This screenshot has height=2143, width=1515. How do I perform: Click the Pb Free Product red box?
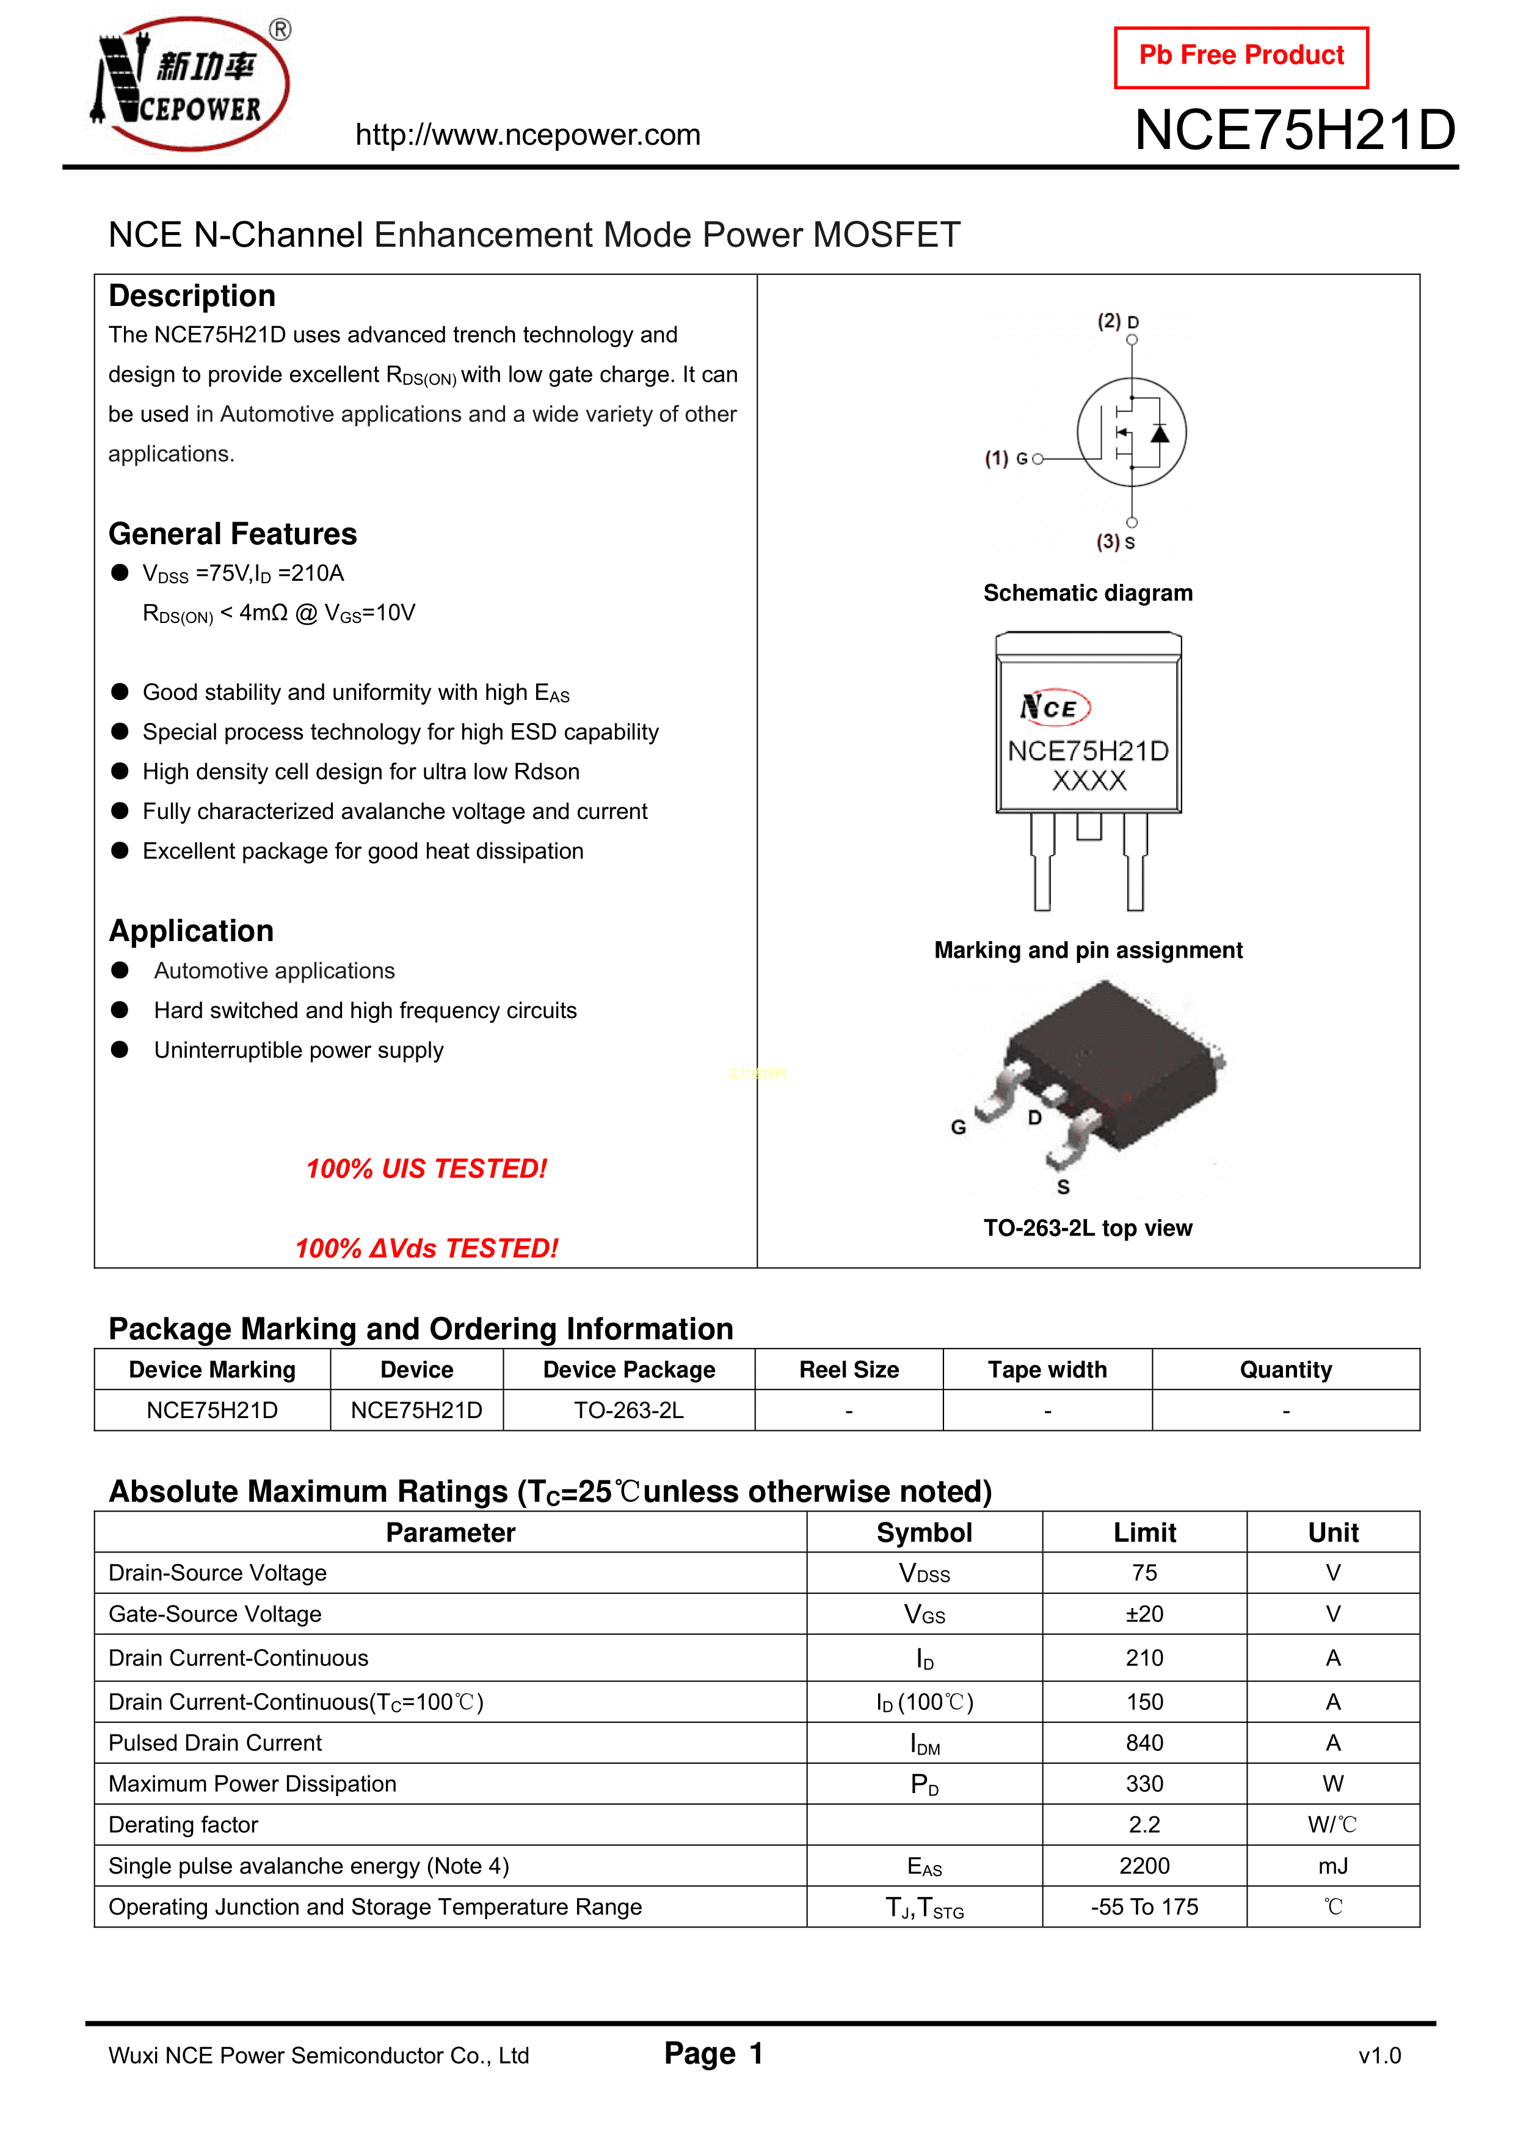pos(1241,57)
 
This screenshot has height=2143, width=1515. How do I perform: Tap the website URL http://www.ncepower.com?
pos(528,136)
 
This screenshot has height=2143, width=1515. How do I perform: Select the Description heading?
pos(191,296)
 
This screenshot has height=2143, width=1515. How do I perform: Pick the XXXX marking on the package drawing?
pos(1088,781)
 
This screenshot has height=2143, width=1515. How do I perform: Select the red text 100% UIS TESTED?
pos(427,1168)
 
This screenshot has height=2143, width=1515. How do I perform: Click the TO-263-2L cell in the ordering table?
pos(628,1410)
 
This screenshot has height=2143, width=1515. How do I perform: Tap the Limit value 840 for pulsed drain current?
pos(1144,1742)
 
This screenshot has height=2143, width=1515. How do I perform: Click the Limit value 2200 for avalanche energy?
pos(1144,1866)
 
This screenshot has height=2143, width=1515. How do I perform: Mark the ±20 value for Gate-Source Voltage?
pos(1144,1614)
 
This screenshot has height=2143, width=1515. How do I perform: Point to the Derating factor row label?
pos(183,1825)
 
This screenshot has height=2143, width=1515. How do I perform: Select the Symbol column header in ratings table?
pos(924,1532)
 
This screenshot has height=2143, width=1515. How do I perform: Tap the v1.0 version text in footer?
pos(1379,2056)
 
